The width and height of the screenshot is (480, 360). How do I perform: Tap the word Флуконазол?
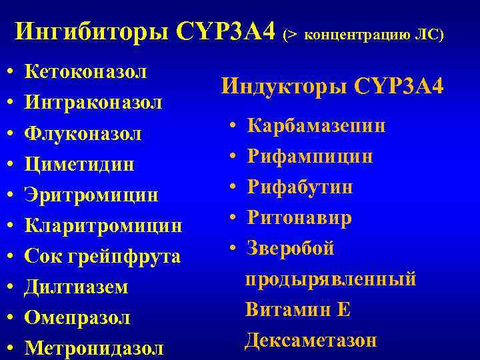click(x=83, y=134)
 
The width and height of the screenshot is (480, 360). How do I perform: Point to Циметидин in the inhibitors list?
click(x=79, y=165)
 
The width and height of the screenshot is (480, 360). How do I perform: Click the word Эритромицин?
click(x=91, y=195)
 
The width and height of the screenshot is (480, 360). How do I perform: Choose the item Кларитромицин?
click(x=103, y=226)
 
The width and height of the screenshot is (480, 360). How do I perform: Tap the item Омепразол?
click(x=77, y=318)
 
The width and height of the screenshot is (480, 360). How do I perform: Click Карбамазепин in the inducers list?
click(x=317, y=127)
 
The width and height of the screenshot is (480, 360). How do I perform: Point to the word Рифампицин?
click(x=310, y=157)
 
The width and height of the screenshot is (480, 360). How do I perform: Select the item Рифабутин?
click(x=301, y=187)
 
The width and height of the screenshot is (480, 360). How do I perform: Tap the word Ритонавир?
click(x=300, y=218)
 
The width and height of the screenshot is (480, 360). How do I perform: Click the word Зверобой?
click(x=291, y=249)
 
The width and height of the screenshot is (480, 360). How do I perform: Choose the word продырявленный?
click(x=331, y=279)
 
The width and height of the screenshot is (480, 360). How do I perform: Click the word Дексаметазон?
click(x=311, y=341)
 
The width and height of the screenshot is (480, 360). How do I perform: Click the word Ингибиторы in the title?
click(x=93, y=31)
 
